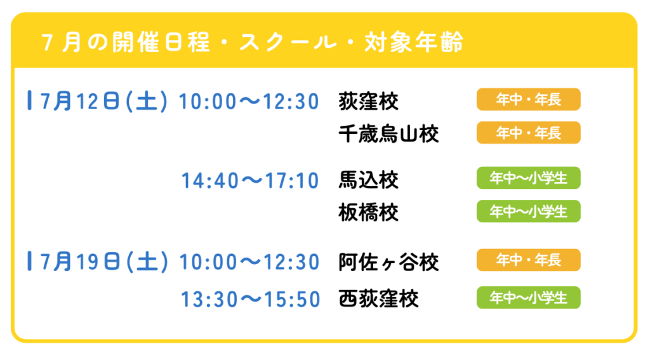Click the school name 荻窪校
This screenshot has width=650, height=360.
pyautogui.click(x=368, y=102)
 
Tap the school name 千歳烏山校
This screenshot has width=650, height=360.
pyautogui.click(x=388, y=135)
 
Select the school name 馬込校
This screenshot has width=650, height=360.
pyautogui.click(x=368, y=180)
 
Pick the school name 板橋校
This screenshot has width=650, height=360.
pyautogui.click(x=368, y=213)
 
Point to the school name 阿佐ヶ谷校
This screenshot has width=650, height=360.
pyautogui.click(x=388, y=262)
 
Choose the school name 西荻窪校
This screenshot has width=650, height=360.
pyautogui.click(x=378, y=299)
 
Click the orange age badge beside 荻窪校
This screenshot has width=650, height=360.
pyautogui.click(x=528, y=100)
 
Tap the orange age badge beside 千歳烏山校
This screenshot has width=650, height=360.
pyautogui.click(x=528, y=133)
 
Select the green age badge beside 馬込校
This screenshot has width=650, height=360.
pyautogui.click(x=528, y=178)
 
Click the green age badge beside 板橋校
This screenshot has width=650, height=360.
pyautogui.click(x=528, y=211)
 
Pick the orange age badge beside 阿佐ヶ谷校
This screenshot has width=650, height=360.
pyautogui.click(x=528, y=260)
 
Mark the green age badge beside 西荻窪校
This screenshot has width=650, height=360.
pyautogui.click(x=528, y=297)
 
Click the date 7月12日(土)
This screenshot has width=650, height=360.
pyautogui.click(x=104, y=101)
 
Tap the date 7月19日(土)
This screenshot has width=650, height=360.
pyautogui.click(x=104, y=262)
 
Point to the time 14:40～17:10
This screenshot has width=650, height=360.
pyautogui.click(x=250, y=181)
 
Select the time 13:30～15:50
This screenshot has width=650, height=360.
pyautogui.click(x=250, y=300)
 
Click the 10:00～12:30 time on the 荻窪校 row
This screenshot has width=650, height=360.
pyautogui.click(x=249, y=102)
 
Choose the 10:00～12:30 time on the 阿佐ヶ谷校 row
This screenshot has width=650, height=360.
pyautogui.click(x=249, y=262)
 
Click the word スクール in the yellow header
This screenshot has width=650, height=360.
pyautogui.click(x=288, y=43)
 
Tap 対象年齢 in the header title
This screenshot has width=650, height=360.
pyautogui.click(x=414, y=43)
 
